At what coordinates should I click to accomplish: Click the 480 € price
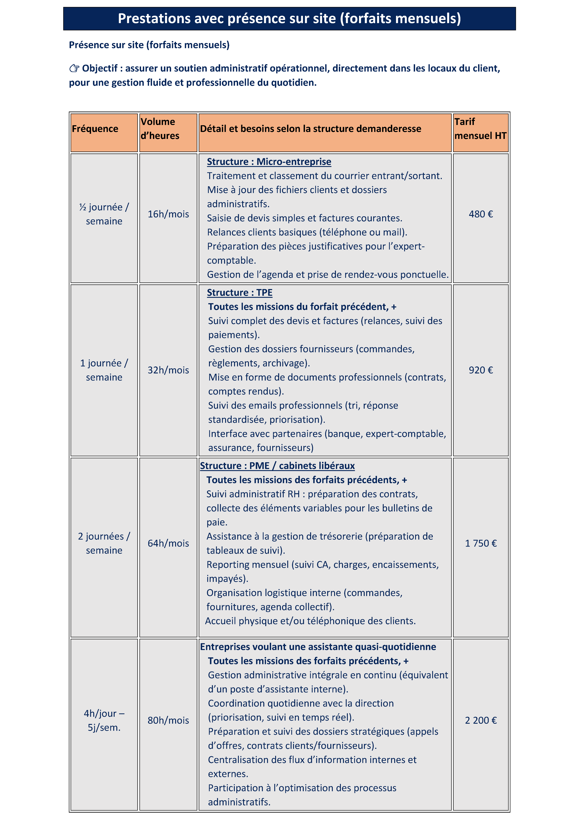[x=481, y=214]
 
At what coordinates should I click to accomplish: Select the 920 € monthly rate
[x=481, y=370]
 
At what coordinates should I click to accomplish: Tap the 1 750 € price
[x=481, y=543]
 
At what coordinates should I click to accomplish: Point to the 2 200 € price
[x=481, y=720]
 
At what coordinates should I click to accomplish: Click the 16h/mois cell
[x=168, y=214]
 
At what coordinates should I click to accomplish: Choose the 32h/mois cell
[x=168, y=370]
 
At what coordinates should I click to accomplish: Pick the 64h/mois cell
[x=168, y=543]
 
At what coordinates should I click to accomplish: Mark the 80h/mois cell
[x=168, y=720]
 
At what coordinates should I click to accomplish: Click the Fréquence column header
[x=95, y=129]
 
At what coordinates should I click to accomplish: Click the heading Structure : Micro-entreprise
[x=269, y=162]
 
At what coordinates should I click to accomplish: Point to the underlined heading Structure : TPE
[x=239, y=292]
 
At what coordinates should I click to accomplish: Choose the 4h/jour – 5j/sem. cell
[x=104, y=720]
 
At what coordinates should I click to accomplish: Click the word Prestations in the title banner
[x=154, y=19]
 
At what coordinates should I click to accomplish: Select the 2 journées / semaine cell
[x=104, y=543]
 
